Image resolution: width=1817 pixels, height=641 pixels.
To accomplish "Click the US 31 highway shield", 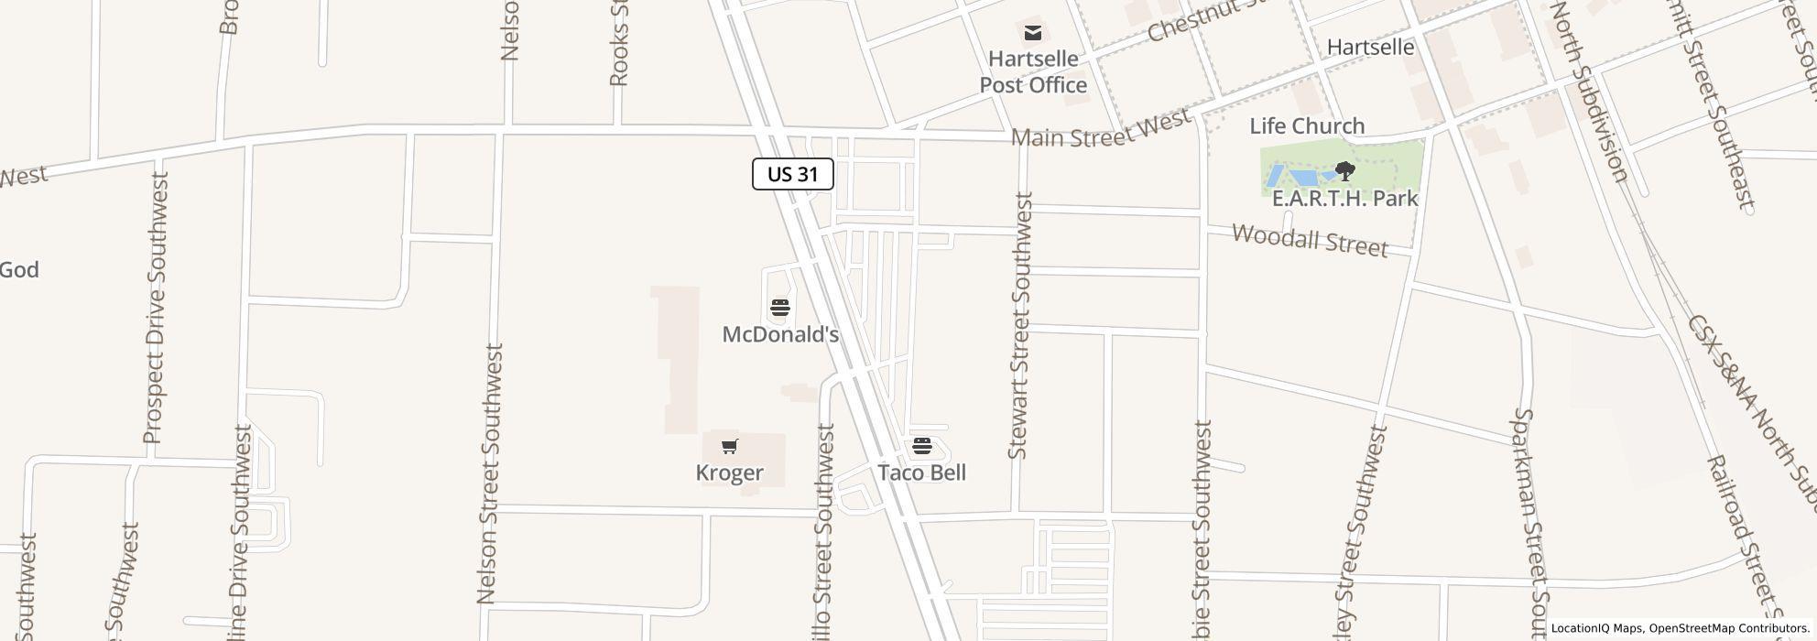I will [x=792, y=174].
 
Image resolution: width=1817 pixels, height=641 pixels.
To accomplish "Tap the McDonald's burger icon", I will [x=780, y=307].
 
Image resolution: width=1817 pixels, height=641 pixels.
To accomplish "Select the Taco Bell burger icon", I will [x=921, y=446].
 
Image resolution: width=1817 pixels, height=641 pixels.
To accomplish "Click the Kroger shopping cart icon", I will [x=729, y=446].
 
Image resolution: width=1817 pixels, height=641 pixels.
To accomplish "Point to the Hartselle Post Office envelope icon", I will [x=1033, y=34].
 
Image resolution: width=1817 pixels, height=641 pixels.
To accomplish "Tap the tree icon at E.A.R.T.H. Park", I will [x=1344, y=170].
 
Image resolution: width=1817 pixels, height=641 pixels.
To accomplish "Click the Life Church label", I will [x=1307, y=125].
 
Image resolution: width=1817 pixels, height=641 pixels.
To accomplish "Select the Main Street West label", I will [x=1101, y=128].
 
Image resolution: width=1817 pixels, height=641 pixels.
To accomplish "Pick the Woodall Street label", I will [x=1310, y=240].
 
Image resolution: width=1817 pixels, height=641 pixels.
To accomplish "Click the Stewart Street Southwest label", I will [x=1019, y=325].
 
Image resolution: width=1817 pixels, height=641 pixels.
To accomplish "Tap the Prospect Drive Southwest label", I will [x=154, y=309].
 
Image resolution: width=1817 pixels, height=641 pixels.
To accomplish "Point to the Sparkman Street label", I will [x=1529, y=522].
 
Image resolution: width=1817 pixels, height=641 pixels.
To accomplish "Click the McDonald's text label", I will [x=780, y=334].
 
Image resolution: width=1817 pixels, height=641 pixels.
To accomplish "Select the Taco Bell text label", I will [x=921, y=473].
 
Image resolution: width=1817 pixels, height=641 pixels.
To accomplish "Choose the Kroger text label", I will [x=729, y=473].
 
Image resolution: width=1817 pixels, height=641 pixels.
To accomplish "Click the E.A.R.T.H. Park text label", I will [x=1344, y=198].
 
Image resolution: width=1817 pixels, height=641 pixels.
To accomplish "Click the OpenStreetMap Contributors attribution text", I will [x=1726, y=628].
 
